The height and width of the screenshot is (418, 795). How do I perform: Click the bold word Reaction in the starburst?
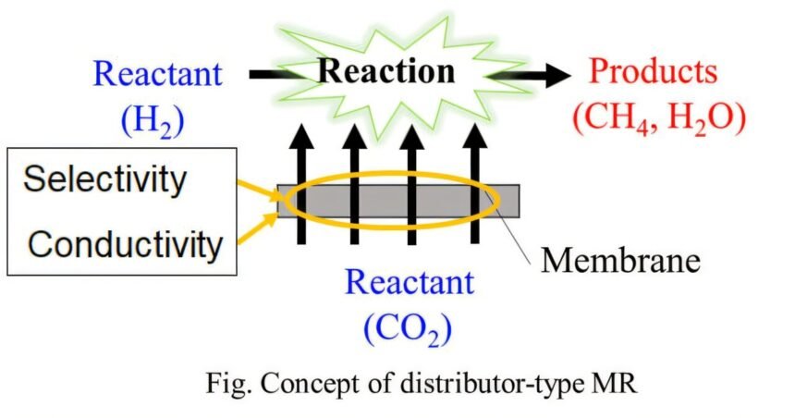387,72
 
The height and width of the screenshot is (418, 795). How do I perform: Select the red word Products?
654,71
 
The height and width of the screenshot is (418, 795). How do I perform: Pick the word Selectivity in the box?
104,178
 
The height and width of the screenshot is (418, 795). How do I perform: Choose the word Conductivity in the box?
125,244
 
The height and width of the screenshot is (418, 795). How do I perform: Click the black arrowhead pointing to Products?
556,73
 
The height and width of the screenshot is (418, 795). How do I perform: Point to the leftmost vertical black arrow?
300,185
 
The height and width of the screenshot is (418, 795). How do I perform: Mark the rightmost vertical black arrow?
473,185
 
